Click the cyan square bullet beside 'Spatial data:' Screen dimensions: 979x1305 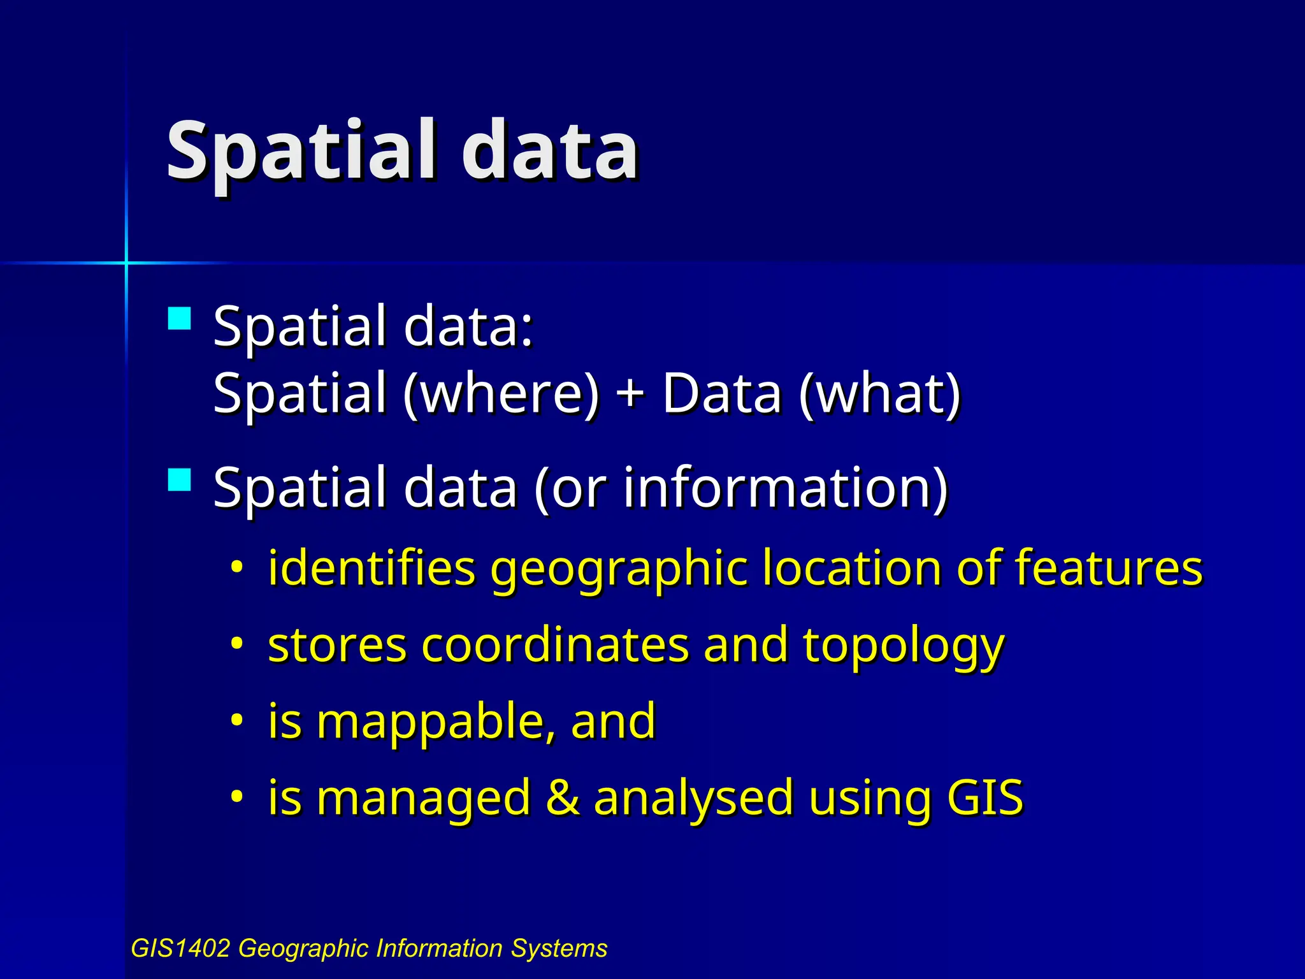[180, 318]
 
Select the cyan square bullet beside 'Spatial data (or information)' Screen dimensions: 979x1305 [180, 479]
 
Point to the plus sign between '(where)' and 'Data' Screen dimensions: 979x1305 [630, 393]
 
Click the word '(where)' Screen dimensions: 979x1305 [501, 394]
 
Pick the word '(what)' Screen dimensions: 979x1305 [879, 394]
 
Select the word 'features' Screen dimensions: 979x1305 [1108, 567]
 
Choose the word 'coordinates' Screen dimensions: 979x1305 [555, 645]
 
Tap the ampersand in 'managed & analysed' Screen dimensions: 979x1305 [563, 797]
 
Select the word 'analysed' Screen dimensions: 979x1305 [693, 799]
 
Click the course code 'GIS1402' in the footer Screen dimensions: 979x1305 [180, 948]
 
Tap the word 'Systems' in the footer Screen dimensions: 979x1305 [559, 948]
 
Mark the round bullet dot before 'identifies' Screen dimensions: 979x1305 [237, 566]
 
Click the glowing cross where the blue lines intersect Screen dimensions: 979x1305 [126, 262]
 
